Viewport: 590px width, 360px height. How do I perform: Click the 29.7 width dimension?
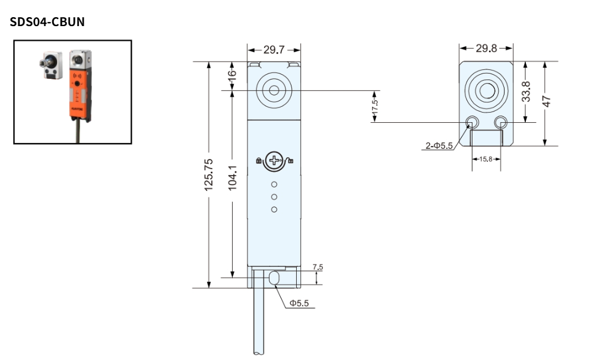pyautogui.click(x=274, y=50)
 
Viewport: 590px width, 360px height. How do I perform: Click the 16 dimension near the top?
pyautogui.click(x=233, y=76)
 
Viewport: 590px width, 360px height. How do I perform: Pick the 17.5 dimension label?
pyautogui.click(x=375, y=107)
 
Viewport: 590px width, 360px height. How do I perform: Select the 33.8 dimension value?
pyautogui.click(x=526, y=92)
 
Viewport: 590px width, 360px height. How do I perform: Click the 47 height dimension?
pyautogui.click(x=547, y=101)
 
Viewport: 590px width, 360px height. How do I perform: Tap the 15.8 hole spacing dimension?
pyautogui.click(x=486, y=159)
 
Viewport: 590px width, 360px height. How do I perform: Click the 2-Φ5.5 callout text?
pyautogui.click(x=438, y=146)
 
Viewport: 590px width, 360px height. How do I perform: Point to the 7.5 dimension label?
pyautogui.click(x=318, y=267)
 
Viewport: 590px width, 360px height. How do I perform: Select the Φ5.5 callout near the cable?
pyautogui.click(x=299, y=303)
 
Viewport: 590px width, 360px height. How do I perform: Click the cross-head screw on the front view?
pyautogui.click(x=274, y=159)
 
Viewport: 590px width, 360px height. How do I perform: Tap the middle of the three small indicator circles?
pyautogui.click(x=274, y=197)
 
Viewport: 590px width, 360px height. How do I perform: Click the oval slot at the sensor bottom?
pyautogui.click(x=274, y=278)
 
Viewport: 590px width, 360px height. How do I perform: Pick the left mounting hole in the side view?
pyautogui.click(x=472, y=122)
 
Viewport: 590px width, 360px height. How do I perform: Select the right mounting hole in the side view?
pyautogui.click(x=500, y=122)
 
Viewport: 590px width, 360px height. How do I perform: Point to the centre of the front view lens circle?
pyautogui.click(x=274, y=90)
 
